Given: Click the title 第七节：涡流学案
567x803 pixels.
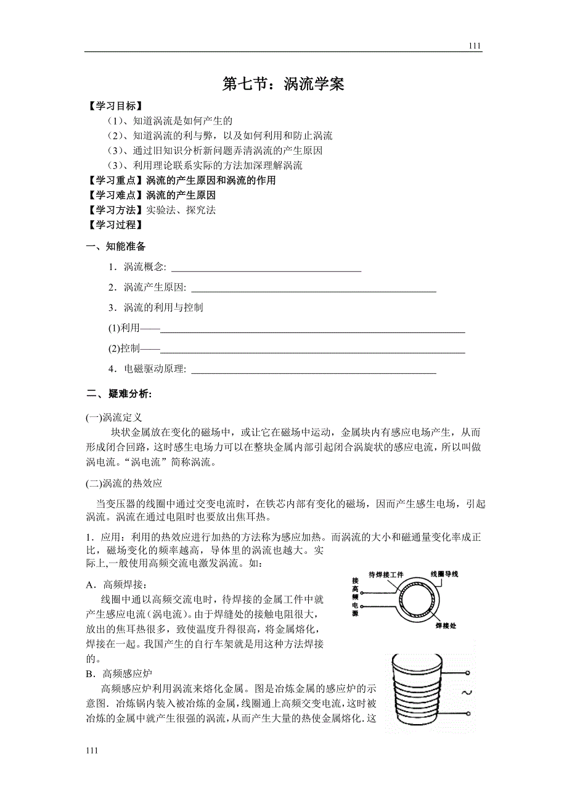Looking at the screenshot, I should (283, 84).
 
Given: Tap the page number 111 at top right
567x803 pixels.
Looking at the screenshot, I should (475, 46).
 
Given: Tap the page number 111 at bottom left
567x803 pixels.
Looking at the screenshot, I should (92, 751).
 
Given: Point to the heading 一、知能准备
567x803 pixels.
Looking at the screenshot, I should (116, 247).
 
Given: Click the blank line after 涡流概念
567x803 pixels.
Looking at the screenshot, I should (266, 268).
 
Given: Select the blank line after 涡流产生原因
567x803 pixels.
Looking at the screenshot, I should (314, 288).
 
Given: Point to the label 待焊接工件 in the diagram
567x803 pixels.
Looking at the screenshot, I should (386, 575).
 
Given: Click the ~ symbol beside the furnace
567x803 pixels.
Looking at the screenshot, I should (466, 693).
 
